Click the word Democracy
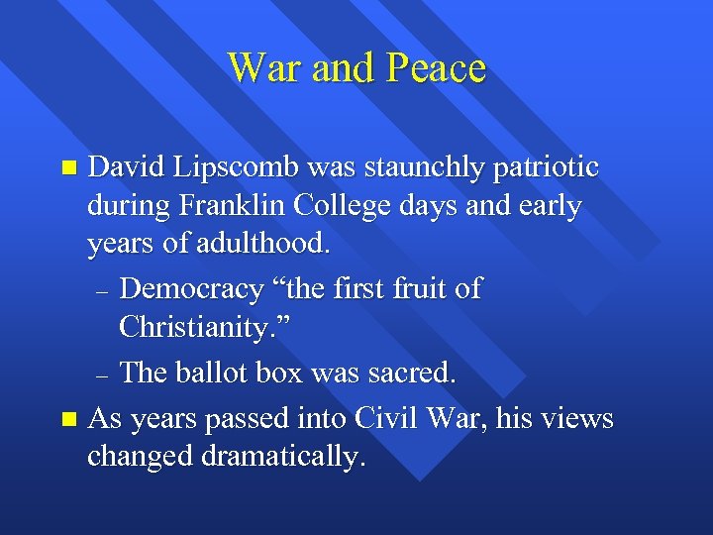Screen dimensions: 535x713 pyautogui.click(x=191, y=289)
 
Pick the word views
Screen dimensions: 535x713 pyautogui.click(x=580, y=419)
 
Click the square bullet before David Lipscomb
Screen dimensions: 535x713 pyautogui.click(x=67, y=167)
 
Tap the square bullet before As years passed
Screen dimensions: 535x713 pyautogui.click(x=67, y=419)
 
